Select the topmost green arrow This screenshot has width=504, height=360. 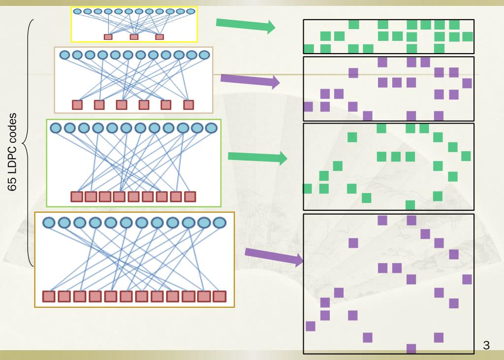click(x=245, y=25)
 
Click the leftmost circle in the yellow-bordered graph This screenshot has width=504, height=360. click(x=77, y=11)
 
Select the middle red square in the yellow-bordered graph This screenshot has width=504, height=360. click(x=134, y=36)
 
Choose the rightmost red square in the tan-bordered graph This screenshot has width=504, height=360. click(x=189, y=104)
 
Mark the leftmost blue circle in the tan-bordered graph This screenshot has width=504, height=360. click(x=65, y=55)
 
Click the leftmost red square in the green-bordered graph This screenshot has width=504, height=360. click(x=76, y=197)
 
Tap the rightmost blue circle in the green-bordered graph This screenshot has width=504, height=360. click(x=211, y=128)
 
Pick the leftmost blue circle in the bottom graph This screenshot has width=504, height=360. click(x=49, y=223)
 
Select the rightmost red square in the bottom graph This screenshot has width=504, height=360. click(x=220, y=296)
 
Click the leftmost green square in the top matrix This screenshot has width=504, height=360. click(x=309, y=48)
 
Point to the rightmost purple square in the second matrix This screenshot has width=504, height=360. click(x=467, y=83)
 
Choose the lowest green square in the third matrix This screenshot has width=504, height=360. click(x=410, y=205)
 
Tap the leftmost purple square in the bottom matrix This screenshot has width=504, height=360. click(x=311, y=326)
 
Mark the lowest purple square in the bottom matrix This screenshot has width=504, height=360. click(x=411, y=349)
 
